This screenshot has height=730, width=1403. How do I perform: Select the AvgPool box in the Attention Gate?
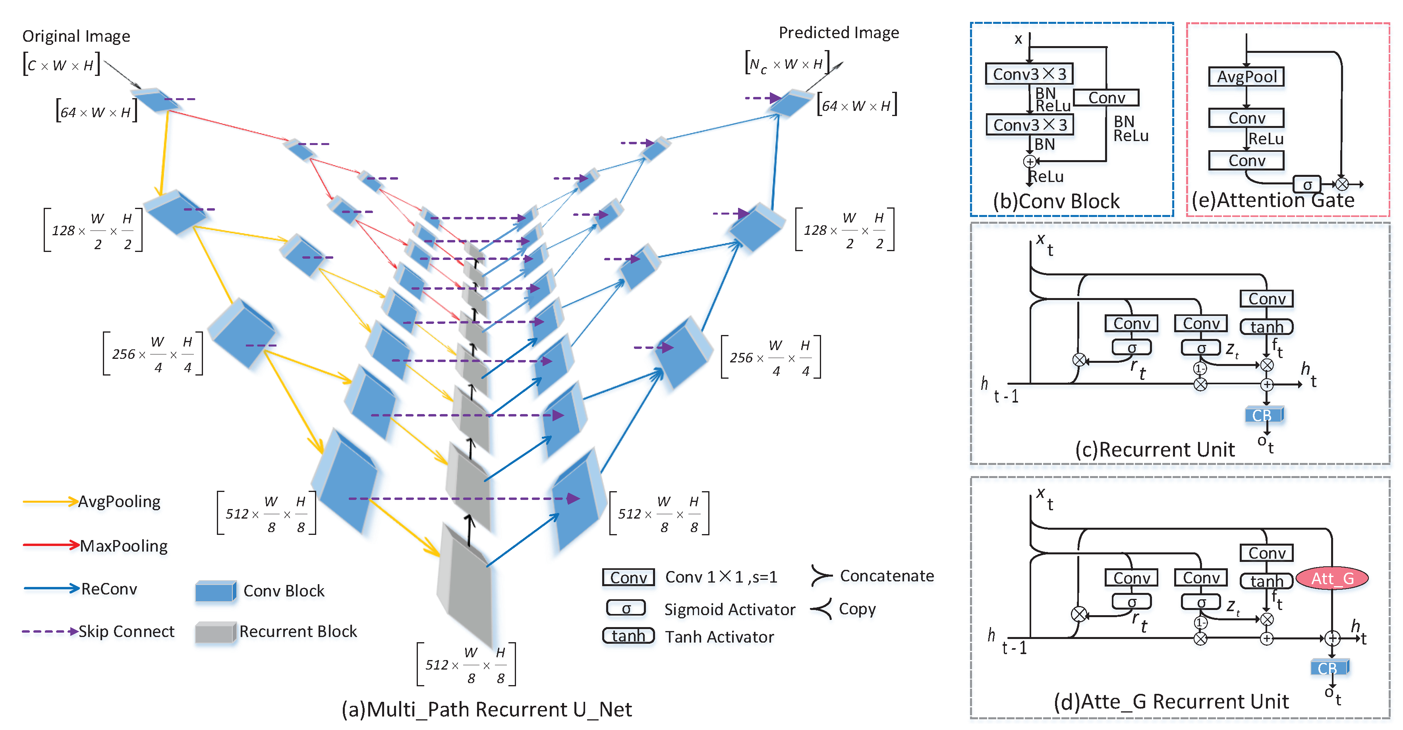point(1246,76)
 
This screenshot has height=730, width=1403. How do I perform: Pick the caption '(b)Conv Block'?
point(1055,201)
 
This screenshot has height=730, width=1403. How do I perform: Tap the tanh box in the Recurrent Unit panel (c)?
point(1266,327)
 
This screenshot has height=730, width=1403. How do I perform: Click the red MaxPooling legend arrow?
point(50,545)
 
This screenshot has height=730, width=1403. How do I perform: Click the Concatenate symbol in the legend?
point(821,576)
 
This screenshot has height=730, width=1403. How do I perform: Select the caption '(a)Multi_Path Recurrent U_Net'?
point(486,709)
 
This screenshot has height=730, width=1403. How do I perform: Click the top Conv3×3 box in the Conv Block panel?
point(1029,74)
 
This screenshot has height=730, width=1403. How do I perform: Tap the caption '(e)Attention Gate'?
point(1273,200)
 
